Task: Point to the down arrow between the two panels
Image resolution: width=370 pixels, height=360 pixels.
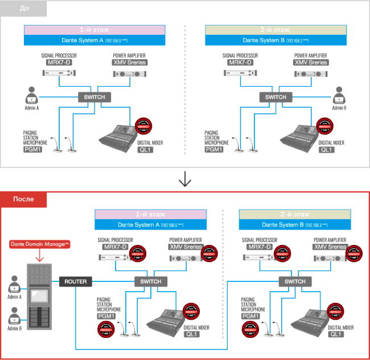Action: point(184,179)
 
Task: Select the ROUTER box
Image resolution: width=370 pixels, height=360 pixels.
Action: point(75,281)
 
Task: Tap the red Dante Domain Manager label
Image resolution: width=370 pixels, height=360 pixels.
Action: point(38,244)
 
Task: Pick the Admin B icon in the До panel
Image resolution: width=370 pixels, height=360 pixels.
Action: point(339,95)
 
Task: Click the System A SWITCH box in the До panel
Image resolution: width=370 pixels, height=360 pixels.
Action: point(94,97)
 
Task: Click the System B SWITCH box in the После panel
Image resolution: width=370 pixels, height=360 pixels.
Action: point(295,281)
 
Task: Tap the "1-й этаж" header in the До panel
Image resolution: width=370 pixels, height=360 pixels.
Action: point(94,30)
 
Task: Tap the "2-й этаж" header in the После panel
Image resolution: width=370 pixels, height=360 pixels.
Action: point(295,214)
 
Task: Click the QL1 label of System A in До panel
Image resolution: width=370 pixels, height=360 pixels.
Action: point(145,150)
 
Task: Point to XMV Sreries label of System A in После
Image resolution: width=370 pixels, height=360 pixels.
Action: point(186,247)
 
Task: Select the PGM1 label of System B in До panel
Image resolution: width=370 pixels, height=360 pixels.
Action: point(213,150)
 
